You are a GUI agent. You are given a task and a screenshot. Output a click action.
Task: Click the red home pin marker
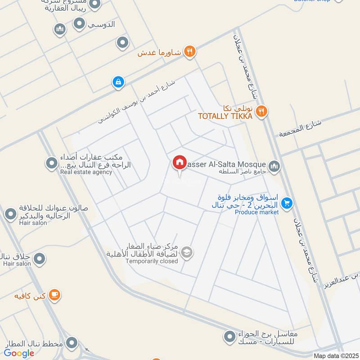coord(179,163)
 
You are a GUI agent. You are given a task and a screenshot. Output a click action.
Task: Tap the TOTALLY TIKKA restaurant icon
coord(261,111)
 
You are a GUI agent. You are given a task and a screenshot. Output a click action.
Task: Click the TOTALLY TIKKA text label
coord(225,117)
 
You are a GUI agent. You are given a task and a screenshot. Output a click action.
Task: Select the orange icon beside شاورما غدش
coord(190,51)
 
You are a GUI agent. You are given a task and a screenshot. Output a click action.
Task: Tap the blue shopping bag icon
coord(117,82)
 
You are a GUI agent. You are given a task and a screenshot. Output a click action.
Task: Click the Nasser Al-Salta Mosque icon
coord(274,166)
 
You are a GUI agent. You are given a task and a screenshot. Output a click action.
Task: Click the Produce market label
coord(257,212)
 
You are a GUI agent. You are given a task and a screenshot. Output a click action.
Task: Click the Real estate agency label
coord(86,172)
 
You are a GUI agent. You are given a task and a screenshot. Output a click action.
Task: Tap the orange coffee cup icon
coord(54,295)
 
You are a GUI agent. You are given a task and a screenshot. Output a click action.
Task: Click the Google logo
coord(19,353)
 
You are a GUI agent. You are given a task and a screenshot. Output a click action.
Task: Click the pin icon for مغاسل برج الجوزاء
coord(229,336)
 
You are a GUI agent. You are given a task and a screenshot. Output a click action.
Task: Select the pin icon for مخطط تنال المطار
coord(71,343)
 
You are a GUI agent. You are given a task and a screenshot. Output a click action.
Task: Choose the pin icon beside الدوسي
coord(79,24)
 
